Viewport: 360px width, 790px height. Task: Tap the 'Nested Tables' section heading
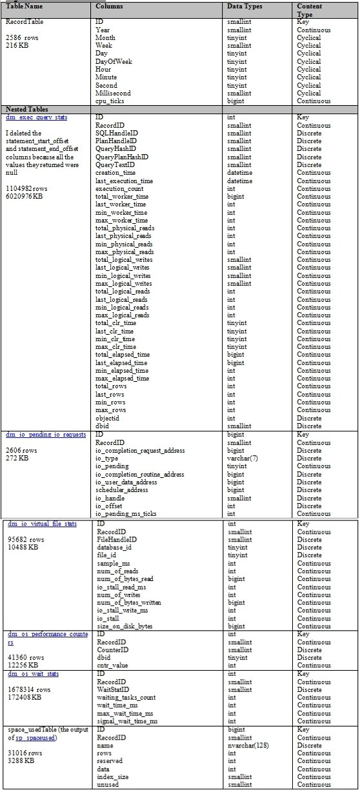point(26,110)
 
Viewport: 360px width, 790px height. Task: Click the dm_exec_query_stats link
point(37,117)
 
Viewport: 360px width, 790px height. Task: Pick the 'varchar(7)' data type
point(242,459)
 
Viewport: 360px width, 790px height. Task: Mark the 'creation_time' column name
point(115,173)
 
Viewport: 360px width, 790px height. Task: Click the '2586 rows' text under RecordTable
point(22,39)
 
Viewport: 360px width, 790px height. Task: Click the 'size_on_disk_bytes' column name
point(123,626)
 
